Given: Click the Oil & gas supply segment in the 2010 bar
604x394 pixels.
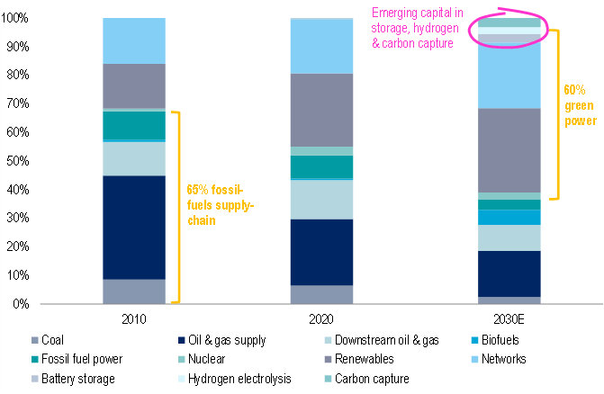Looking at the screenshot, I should tap(134, 227).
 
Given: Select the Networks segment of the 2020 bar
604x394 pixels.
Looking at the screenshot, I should tap(320, 46).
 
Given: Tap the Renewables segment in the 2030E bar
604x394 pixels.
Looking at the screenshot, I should tap(509, 150).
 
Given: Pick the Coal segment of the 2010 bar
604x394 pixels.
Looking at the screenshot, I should tap(134, 291).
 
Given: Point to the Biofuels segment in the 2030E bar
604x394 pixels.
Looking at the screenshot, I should tap(509, 217).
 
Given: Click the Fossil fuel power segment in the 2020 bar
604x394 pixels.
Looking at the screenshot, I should tap(320, 167).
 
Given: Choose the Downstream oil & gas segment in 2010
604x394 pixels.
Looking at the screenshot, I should tap(134, 158).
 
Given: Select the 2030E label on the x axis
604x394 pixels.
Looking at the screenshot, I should tap(509, 318).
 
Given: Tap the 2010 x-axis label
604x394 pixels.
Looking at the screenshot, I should tap(134, 318).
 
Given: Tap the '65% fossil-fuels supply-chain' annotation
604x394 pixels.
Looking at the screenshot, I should tap(220, 205).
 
